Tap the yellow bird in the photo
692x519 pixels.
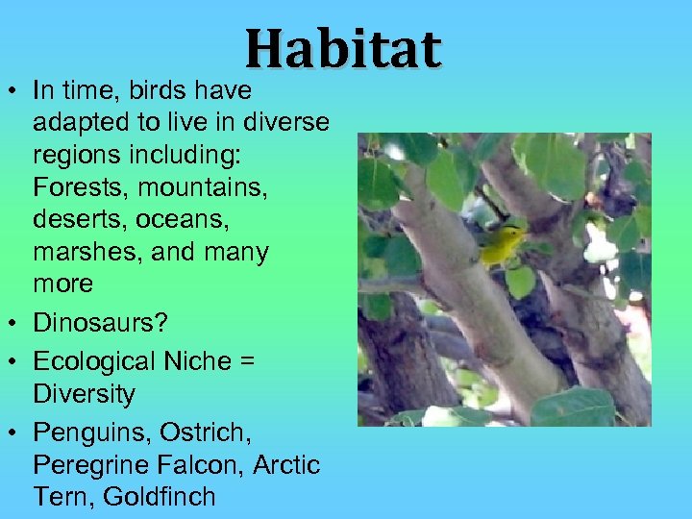point(503,246)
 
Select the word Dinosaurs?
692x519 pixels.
point(100,323)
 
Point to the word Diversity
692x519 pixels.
point(84,394)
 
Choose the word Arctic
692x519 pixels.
point(286,465)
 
